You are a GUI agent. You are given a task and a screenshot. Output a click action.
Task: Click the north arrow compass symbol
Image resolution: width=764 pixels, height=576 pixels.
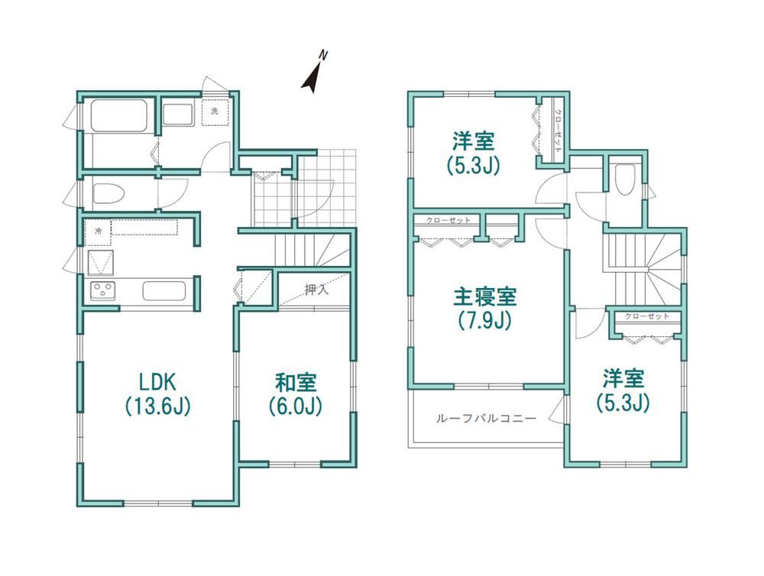pos(312,78)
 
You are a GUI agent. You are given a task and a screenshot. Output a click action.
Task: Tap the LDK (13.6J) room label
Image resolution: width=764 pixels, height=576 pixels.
pos(157,394)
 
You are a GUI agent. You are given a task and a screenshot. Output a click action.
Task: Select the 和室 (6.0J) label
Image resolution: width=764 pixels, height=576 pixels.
pos(296,394)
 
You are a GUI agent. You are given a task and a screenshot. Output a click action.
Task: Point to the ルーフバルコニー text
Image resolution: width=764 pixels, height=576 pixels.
pos(486,419)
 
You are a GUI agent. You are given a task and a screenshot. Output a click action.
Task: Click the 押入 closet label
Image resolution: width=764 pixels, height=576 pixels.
pos(317,290)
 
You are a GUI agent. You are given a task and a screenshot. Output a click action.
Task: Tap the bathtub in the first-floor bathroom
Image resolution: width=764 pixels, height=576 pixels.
pos(119,115)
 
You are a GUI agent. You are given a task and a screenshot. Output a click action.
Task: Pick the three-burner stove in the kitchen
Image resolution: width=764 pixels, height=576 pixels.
pos(102,291)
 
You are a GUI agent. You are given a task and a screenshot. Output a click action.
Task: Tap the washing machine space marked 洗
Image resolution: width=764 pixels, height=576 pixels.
pos(215,112)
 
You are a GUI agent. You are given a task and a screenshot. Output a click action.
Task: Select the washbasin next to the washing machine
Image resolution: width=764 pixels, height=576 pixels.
pos(178,115)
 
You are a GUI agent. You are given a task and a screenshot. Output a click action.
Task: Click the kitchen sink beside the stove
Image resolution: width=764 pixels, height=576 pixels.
pos(163,291)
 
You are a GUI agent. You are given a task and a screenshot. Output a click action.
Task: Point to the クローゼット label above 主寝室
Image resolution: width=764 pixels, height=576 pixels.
pos(448,220)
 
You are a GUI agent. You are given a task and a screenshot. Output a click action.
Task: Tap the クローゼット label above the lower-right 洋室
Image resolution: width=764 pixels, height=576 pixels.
pos(647,316)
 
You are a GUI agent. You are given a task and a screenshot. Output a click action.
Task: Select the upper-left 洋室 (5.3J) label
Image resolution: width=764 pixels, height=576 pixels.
pos(474,153)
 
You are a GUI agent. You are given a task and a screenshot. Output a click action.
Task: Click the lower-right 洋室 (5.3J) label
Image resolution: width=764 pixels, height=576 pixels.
pos(623,390)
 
